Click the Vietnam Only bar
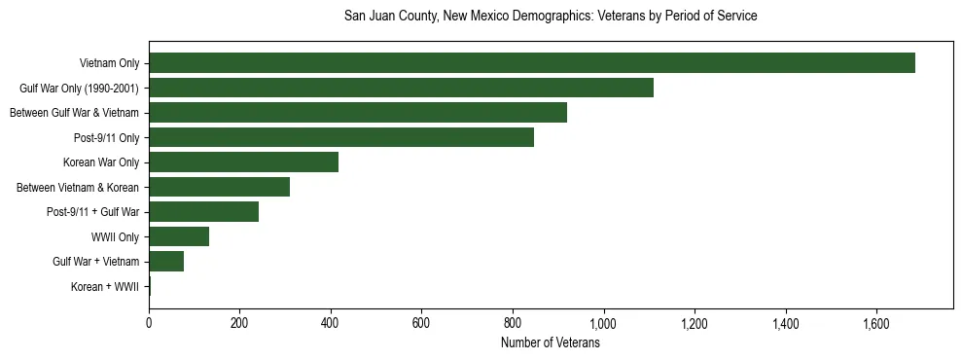pos(532,63)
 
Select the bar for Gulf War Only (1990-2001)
pos(401,88)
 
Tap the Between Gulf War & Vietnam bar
pos(358,113)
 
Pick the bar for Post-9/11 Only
pos(341,137)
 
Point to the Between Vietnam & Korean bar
pos(219,187)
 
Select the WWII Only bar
pos(179,236)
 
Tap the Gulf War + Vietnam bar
pos(166,262)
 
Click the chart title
pos(551,17)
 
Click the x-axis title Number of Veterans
pos(551,343)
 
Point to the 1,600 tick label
pos(876,323)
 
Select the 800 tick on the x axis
pos(513,323)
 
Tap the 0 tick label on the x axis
pos(149,323)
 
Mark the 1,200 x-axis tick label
pos(695,323)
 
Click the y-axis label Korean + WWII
pos(105,287)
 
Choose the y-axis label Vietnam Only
pos(109,64)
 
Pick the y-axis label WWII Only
pos(115,237)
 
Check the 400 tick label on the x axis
pos(331,323)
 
